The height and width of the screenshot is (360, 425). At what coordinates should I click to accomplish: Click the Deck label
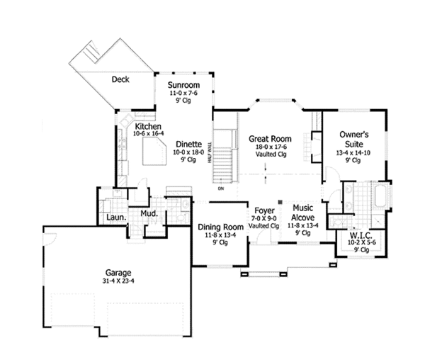(121, 80)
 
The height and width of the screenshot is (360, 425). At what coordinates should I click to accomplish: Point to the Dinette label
(188, 142)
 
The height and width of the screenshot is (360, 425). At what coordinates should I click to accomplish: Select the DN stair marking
(221, 189)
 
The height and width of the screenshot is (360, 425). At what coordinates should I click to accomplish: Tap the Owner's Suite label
(351, 137)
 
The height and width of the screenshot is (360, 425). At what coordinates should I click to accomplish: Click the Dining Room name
(220, 227)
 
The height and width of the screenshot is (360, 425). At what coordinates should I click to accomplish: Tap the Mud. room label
(148, 213)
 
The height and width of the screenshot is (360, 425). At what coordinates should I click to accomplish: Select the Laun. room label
(116, 218)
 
